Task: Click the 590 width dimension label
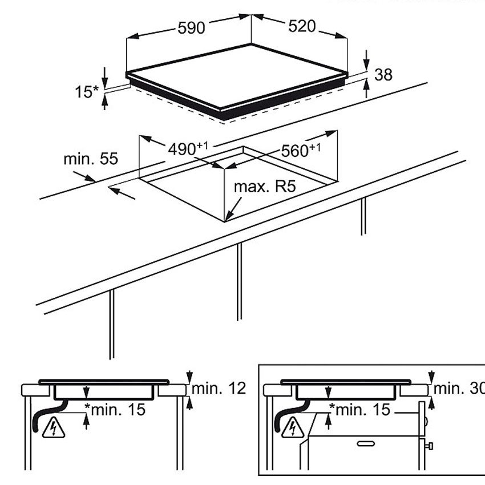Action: pyautogui.click(x=191, y=29)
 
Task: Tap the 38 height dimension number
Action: pyautogui.click(x=384, y=74)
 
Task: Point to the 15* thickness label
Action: pyautogui.click(x=87, y=91)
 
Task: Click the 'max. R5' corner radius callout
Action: pyautogui.click(x=265, y=187)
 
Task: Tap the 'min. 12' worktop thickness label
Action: pyautogui.click(x=219, y=389)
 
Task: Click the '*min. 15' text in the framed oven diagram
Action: pyautogui.click(x=359, y=409)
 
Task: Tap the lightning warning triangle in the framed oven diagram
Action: pyautogui.click(x=292, y=427)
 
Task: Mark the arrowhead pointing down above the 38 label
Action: pyautogui.click(x=366, y=62)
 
